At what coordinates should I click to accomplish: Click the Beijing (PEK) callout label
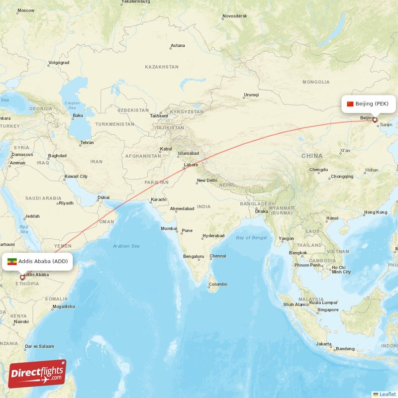tap(369, 104)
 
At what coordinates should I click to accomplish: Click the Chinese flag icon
tap(350, 104)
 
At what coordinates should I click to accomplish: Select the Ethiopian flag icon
tap(12, 262)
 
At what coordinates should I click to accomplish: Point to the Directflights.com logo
tap(37, 374)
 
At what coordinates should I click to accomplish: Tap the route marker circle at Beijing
tap(375, 120)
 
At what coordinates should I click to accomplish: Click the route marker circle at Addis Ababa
tap(22, 278)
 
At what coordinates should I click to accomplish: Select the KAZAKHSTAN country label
tap(162, 67)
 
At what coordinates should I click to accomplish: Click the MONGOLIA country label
tap(315, 82)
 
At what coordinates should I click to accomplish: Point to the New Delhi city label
tap(207, 181)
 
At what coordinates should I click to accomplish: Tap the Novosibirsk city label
tap(235, 16)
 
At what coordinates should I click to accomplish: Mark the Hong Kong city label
tap(375, 212)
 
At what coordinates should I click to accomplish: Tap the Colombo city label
tap(218, 284)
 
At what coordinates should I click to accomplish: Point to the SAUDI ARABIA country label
tap(44, 198)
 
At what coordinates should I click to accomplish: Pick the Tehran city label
tap(87, 143)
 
